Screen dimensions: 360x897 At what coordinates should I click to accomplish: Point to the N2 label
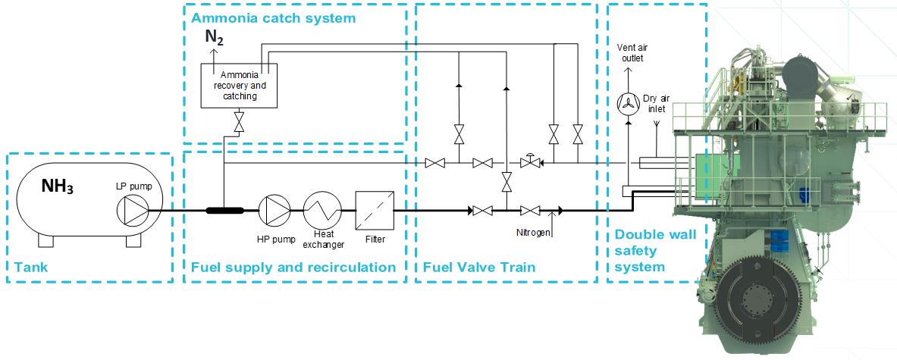[215, 37]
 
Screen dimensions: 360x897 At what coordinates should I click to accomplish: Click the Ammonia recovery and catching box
[239, 85]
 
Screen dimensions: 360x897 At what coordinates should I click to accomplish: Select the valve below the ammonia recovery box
[239, 121]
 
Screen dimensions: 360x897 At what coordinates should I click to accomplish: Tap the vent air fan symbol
[627, 105]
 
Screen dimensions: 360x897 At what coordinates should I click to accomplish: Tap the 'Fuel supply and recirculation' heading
[293, 267]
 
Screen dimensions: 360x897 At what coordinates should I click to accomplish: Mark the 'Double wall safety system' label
[644, 251]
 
